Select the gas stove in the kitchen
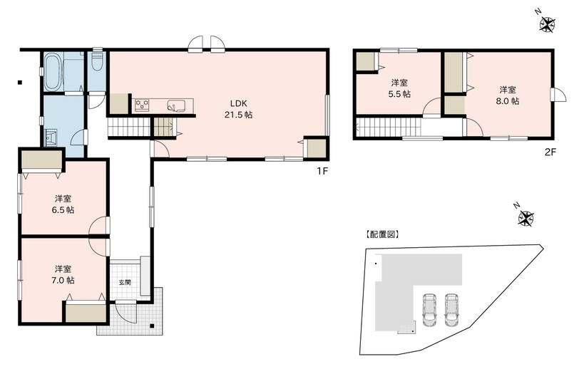(x=142, y=106)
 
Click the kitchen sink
(x=175, y=106)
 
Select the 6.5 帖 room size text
(x=63, y=210)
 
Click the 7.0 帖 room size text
(x=63, y=280)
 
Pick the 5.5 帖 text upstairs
(x=399, y=94)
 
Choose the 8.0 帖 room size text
(x=508, y=101)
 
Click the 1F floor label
(x=322, y=171)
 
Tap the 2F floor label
(x=549, y=150)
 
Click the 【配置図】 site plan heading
(x=381, y=234)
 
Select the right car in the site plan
(x=452, y=308)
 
